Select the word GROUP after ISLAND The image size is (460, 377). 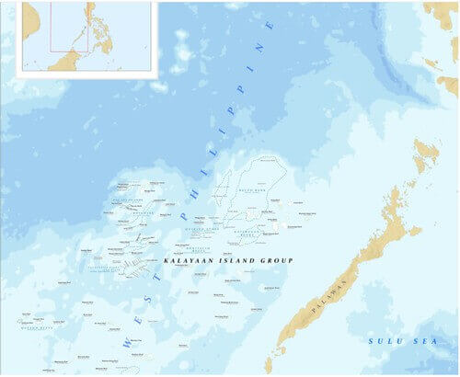tap(275, 262)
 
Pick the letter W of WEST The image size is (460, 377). tap(126, 341)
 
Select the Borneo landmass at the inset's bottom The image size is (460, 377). tap(69, 62)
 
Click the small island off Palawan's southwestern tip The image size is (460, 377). tap(274, 353)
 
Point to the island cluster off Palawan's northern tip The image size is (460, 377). tap(426, 155)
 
